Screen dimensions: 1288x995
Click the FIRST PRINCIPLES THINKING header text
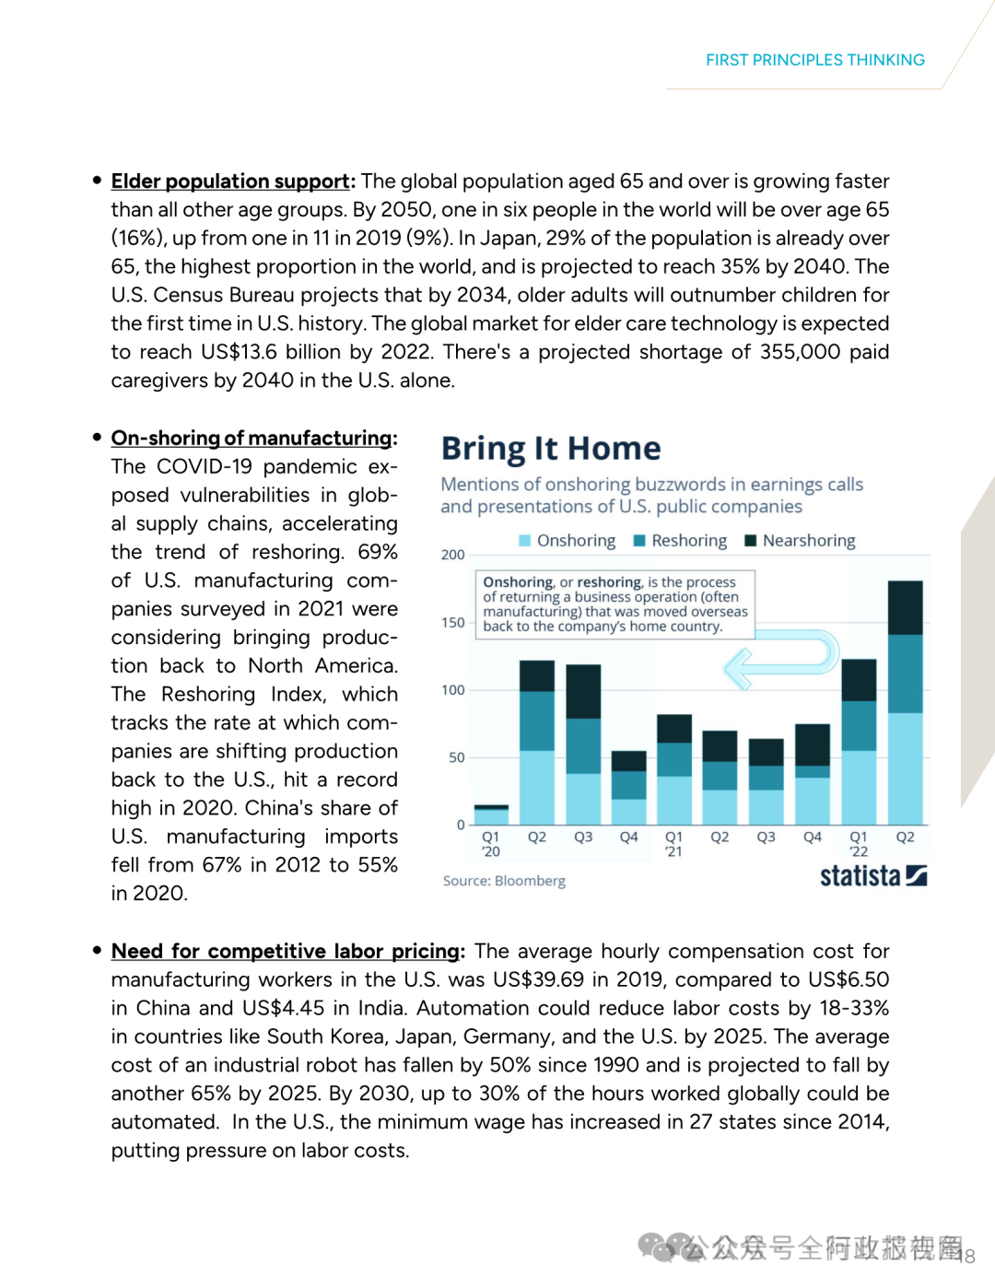(814, 60)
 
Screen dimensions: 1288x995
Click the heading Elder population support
(230, 181)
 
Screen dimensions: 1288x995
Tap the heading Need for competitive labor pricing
(286, 952)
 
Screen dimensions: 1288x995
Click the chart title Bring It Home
(550, 449)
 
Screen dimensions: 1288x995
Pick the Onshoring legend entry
(568, 541)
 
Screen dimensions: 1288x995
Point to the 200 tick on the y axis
(452, 555)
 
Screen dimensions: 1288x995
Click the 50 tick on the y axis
(456, 757)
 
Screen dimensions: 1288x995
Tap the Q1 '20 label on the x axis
(491, 844)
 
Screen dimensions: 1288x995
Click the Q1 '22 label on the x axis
(859, 844)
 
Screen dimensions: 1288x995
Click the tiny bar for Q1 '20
(491, 815)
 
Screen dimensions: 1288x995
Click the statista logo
(872, 875)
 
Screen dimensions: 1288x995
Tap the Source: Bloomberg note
(504, 881)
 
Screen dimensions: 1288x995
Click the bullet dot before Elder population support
(97, 181)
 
